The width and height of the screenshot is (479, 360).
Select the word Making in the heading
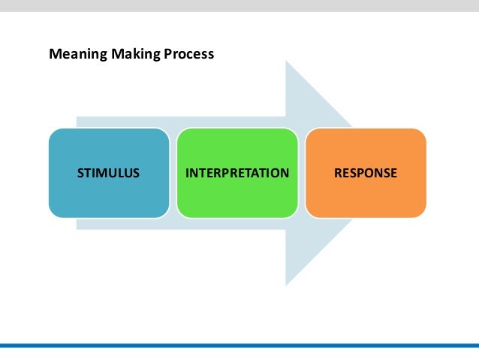(x=125, y=55)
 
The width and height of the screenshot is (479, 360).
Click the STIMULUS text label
(x=109, y=173)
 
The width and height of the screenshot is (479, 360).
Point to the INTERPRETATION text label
(x=237, y=173)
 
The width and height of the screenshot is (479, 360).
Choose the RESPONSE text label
(x=366, y=173)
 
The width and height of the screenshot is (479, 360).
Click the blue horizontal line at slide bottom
(x=239, y=345)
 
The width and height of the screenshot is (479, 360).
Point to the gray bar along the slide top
(x=239, y=5)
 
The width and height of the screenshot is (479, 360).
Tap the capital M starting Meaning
(x=54, y=55)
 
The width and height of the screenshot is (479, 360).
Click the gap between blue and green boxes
(x=173, y=173)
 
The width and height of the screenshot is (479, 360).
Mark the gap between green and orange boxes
(x=301, y=173)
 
